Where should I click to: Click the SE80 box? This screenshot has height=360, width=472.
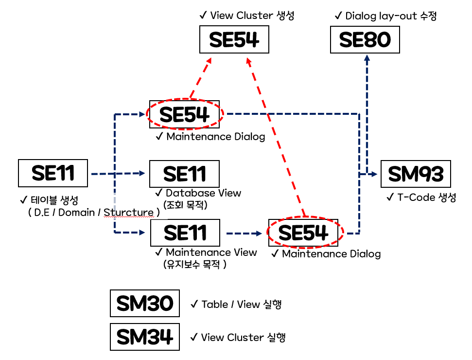(365, 40)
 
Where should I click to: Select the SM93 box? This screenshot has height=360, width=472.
(416, 174)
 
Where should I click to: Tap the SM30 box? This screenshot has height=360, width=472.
(145, 304)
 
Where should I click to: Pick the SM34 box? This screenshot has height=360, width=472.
(145, 337)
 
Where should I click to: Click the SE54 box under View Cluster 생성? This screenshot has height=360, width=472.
(234, 40)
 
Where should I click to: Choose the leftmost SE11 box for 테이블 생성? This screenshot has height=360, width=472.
(53, 173)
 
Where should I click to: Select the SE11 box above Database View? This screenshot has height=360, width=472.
(185, 174)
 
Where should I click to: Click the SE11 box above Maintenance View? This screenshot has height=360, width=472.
(185, 233)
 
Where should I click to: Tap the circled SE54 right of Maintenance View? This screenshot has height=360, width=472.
(305, 233)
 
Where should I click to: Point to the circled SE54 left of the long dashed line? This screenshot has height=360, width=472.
(185, 114)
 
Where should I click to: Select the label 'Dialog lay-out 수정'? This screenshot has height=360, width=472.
(386, 16)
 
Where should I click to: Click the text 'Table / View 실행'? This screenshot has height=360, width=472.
(236, 305)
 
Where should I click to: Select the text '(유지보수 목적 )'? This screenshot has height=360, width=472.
(195, 265)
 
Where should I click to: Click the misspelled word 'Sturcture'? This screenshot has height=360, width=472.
(129, 213)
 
